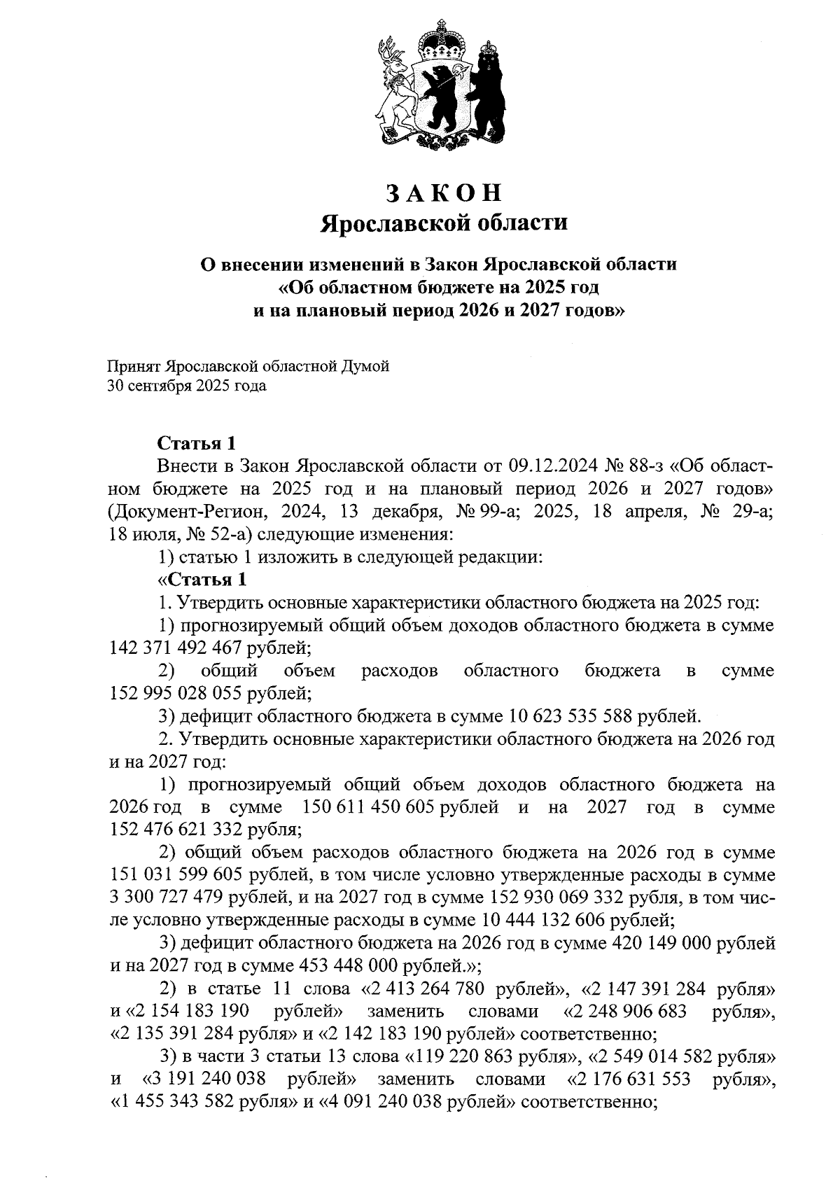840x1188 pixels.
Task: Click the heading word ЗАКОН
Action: [444, 193]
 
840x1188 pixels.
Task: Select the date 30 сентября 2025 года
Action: [186, 386]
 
